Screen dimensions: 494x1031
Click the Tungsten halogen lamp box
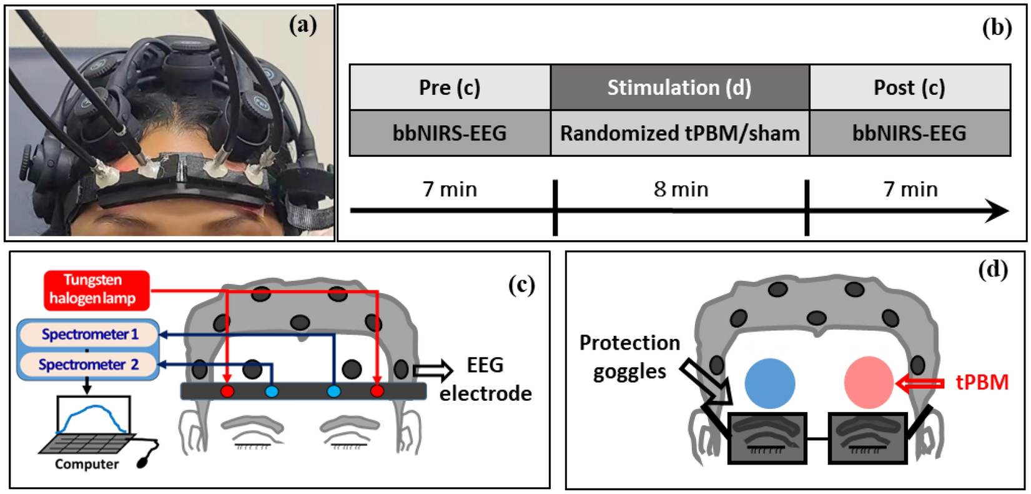coord(96,290)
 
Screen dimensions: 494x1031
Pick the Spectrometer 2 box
coord(88,365)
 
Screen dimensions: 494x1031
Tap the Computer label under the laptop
coord(86,465)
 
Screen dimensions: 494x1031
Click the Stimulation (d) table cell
coord(679,88)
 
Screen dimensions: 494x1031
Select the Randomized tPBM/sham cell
coord(679,133)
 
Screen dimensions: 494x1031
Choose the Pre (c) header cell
coord(449,88)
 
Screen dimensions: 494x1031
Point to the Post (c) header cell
coord(909,88)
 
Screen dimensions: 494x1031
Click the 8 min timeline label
coord(681,189)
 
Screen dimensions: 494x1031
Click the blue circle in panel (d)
coord(770,383)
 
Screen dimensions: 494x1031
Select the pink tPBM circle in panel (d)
coord(869,383)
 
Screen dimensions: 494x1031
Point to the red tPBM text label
coord(982,382)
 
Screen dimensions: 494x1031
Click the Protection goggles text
coord(629,357)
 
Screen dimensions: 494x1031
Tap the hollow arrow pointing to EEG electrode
coord(432,371)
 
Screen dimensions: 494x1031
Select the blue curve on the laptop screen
coord(94,413)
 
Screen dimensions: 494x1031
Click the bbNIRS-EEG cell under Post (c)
coord(909,133)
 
